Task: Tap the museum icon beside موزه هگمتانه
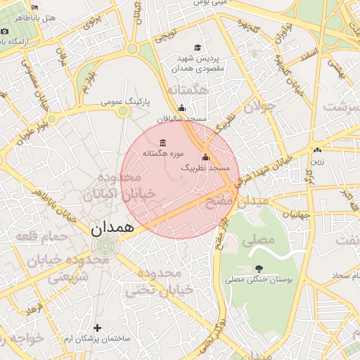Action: (x=163, y=143)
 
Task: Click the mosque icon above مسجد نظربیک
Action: (x=205, y=157)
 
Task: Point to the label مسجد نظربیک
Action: (x=205, y=168)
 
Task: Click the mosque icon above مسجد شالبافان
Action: (x=182, y=108)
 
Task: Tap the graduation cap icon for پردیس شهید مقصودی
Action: (x=198, y=47)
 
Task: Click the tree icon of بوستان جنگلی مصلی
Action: (x=259, y=269)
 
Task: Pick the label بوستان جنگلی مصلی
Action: (x=259, y=279)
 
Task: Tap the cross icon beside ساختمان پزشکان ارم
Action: (x=97, y=328)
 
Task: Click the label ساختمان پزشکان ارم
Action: (x=98, y=339)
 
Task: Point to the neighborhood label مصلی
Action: (x=259, y=239)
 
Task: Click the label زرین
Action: (x=318, y=160)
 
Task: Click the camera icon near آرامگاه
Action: (x=5, y=31)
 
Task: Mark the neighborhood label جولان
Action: (x=257, y=105)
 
